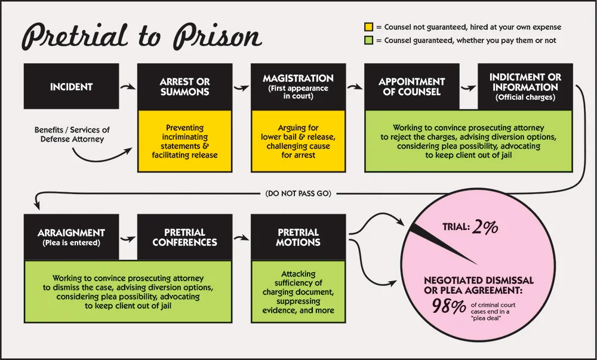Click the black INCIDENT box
coord(72,87)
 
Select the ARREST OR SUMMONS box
coord(184,87)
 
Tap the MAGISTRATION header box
coord(298,87)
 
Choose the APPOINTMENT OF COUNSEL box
coord(411,87)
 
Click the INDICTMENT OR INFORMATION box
coord(525,87)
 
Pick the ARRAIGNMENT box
coord(72,237)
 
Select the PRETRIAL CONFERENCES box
coord(184,237)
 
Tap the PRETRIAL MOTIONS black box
coord(298,237)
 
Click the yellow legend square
coord(369,27)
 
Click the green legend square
coord(369,41)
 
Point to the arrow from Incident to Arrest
coord(128,88)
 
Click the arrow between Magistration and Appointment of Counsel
coord(355,88)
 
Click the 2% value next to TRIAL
coord(485,227)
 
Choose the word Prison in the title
coord(217,37)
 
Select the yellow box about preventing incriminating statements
coord(184,141)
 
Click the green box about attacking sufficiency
coord(298,292)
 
